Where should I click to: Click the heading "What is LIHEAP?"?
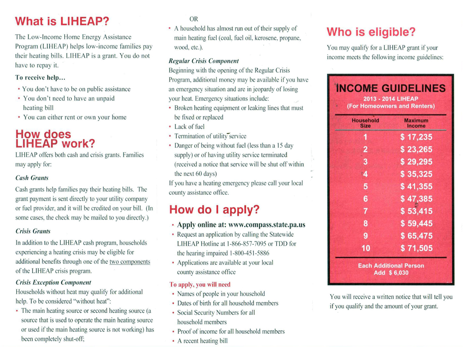(62, 21)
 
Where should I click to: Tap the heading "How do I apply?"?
(214, 210)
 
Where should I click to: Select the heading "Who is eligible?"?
(371, 32)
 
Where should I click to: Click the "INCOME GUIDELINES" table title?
(391, 88)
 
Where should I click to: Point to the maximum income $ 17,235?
(416, 137)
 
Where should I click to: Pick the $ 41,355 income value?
(416, 186)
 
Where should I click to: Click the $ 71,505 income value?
(416, 248)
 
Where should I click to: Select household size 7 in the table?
(365, 211)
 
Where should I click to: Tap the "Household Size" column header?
(365, 123)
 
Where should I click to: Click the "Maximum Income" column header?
(416, 123)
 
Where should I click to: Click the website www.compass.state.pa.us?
(267, 225)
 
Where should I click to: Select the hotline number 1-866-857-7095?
(246, 244)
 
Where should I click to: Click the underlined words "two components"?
(130, 262)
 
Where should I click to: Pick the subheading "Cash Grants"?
(32, 178)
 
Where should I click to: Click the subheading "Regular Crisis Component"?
(203, 61)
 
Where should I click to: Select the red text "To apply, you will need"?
(200, 284)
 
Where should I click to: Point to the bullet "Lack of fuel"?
(189, 127)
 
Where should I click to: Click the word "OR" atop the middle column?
(194, 19)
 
